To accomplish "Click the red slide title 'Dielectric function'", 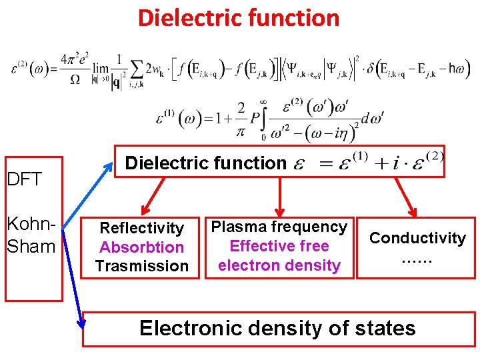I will (239, 18).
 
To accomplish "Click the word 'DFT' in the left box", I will (24, 179).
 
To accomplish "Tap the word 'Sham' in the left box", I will (31, 246).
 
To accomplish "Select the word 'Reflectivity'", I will (141, 229).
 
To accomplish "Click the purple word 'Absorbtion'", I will (141, 247).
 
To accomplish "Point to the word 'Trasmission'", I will (141, 266).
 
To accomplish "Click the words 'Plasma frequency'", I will (279, 227).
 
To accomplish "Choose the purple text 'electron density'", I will (279, 265).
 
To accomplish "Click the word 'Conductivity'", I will (417, 238).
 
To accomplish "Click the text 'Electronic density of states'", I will (277, 328).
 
